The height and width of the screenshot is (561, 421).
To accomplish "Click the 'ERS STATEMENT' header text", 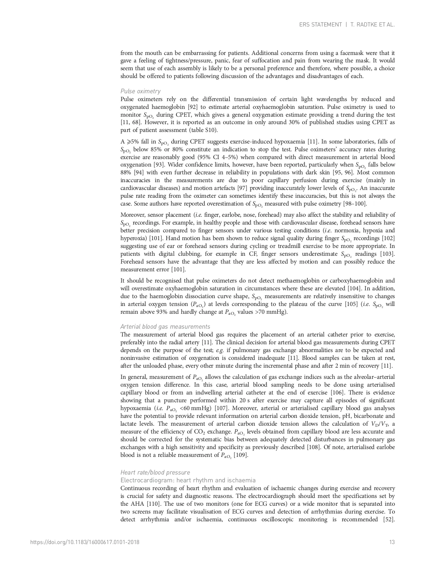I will point(320,25).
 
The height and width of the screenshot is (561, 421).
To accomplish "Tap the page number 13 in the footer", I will point(392,542).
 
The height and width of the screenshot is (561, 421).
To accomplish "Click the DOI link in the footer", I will point(85,542).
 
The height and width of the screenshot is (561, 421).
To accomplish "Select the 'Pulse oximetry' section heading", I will point(140,91).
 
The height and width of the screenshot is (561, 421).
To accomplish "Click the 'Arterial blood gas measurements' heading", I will point(165,327).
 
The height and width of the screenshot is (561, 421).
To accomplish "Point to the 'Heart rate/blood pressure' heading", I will point(155,472).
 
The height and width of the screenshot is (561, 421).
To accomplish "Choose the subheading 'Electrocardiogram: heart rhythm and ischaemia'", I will point(188,480).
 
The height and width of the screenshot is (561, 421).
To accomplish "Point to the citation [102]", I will point(388,238).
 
